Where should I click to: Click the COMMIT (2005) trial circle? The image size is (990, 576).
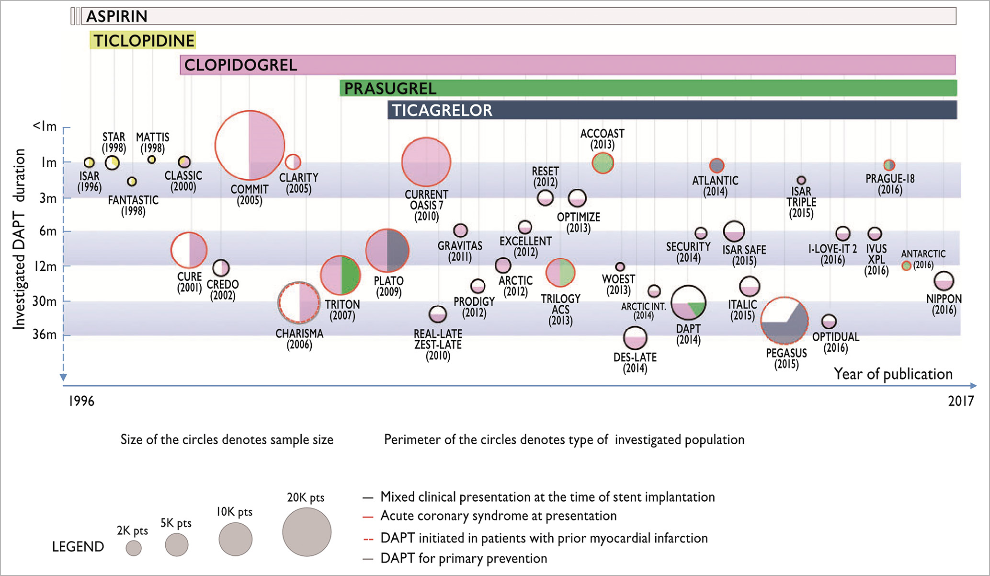[x=250, y=145]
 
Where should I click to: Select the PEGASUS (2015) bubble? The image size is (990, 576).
[x=785, y=321]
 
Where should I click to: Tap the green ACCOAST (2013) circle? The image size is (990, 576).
[x=603, y=163]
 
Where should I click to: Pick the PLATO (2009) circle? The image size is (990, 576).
[x=387, y=251]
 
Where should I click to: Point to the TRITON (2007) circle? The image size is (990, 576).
[x=341, y=276]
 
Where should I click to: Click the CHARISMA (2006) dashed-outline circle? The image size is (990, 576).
[x=299, y=303]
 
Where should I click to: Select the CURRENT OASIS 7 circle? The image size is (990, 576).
[x=426, y=162]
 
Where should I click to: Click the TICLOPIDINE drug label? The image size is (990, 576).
[x=144, y=41]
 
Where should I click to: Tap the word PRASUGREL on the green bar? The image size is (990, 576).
[x=390, y=89]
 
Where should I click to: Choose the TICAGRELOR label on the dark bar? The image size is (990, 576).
[x=442, y=111]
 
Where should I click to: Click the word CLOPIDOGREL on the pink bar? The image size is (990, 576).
[x=240, y=65]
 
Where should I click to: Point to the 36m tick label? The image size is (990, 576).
[x=45, y=334]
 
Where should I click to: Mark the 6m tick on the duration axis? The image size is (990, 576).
[x=48, y=231]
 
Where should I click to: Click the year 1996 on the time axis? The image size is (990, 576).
[x=81, y=401]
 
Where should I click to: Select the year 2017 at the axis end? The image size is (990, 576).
[x=961, y=401]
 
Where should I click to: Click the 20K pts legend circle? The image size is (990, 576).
[x=307, y=532]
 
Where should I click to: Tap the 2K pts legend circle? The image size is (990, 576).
[x=134, y=548]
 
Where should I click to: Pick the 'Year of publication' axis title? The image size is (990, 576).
[x=893, y=374]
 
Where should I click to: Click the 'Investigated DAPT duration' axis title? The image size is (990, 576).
[x=19, y=239]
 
